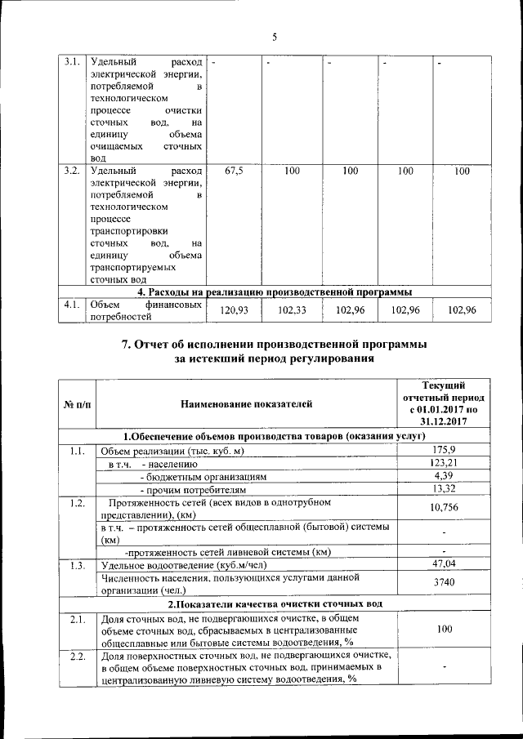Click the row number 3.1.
pyautogui.click(x=72, y=62)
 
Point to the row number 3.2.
pyautogui.click(x=72, y=171)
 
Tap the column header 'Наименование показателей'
pyautogui.click(x=246, y=403)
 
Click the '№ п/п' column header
pyautogui.click(x=77, y=403)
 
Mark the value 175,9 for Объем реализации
pyautogui.click(x=442, y=451)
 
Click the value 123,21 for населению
pyautogui.click(x=442, y=464)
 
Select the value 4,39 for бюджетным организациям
pyautogui.click(x=442, y=476)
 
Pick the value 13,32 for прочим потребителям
pyautogui.click(x=442, y=489)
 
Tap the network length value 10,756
pyautogui.click(x=442, y=508)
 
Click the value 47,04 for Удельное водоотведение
pyautogui.click(x=442, y=564)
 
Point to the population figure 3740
pyautogui.click(x=442, y=583)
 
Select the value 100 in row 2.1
pyautogui.click(x=442, y=630)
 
